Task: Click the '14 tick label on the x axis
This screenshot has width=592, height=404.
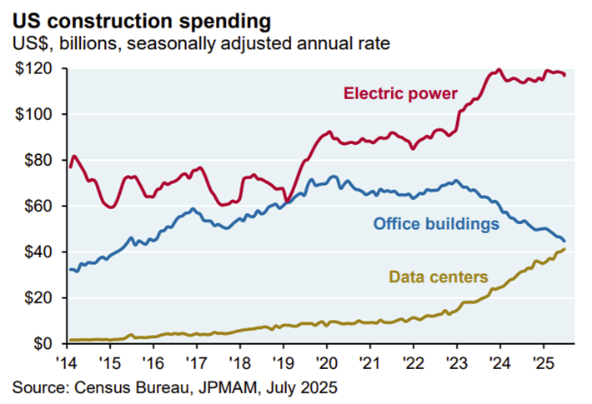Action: pos(68,364)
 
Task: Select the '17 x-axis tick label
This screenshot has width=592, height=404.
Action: pos(198,364)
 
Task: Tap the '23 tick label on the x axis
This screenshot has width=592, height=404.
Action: pos(457,364)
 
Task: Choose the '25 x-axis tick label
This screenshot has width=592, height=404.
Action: pos(543,364)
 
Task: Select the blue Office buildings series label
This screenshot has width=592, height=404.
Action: pos(435,224)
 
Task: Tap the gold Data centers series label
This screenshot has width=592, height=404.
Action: pos(438,276)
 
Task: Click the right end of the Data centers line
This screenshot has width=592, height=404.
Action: pos(564,249)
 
